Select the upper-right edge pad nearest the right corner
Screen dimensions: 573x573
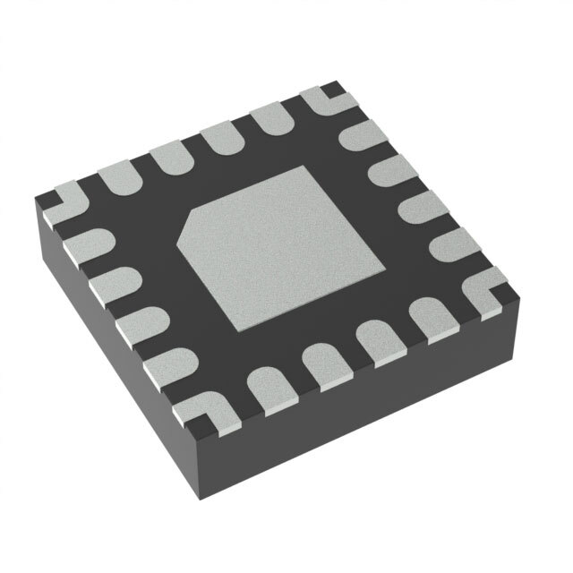[x=448, y=241]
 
